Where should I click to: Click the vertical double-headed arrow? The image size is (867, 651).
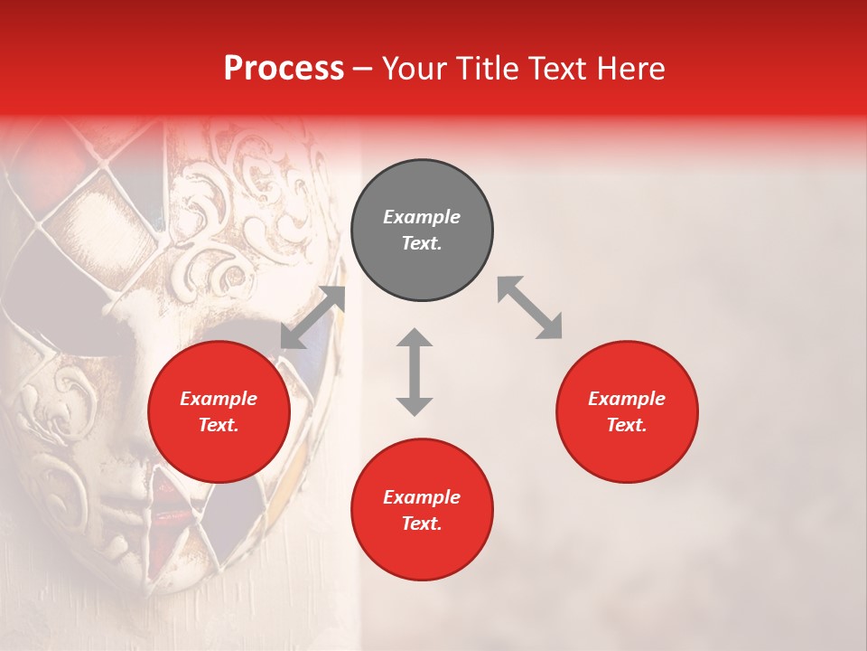coord(415,372)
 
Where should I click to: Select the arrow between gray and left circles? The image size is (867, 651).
coord(312,317)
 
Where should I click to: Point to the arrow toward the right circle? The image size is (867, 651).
coord(529,307)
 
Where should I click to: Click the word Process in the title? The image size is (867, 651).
coord(284,68)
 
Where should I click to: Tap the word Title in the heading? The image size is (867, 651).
coord(490,68)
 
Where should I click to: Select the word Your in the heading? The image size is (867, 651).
coord(415,68)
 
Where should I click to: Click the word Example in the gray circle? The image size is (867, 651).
coord(422,217)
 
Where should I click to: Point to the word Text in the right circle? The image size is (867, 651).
coord(627,425)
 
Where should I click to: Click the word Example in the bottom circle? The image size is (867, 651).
coord(422,497)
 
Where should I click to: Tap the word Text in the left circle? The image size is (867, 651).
coord(219,425)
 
